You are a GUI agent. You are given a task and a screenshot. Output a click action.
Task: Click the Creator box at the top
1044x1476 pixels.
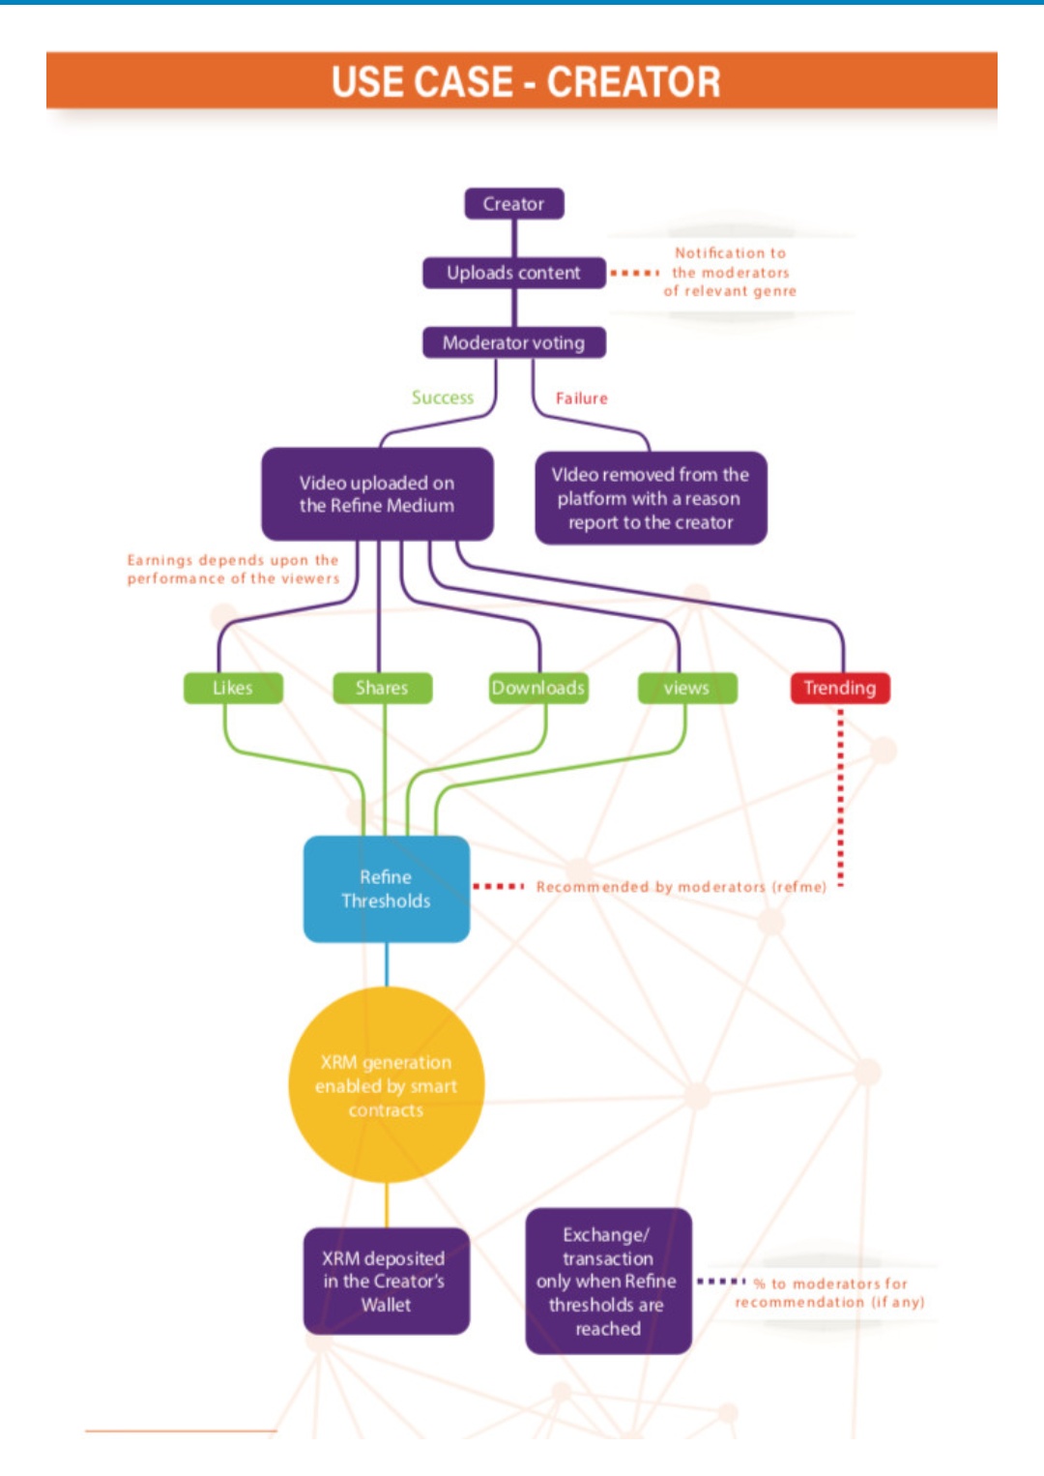tap(513, 204)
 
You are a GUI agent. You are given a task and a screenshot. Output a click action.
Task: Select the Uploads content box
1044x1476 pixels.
tap(513, 273)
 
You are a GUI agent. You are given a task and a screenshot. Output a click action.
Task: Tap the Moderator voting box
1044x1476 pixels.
tap(513, 342)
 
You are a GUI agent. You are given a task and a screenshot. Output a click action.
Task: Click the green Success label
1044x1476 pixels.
tap(443, 398)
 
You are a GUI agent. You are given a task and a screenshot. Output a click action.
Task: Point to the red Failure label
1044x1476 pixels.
tap(581, 399)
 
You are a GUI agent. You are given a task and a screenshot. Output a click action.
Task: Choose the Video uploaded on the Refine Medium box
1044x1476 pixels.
tap(377, 494)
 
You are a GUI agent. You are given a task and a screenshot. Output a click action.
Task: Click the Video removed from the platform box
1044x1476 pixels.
tap(651, 498)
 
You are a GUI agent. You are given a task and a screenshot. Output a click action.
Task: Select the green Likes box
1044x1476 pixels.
tap(233, 688)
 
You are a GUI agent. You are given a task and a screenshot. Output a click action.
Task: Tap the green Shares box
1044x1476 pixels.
tap(382, 688)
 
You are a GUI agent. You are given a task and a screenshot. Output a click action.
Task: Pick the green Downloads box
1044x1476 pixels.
tap(538, 688)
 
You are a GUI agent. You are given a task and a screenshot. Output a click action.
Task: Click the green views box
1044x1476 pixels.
tap(687, 688)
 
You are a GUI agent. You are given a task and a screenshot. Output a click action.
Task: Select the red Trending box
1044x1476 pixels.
tap(839, 688)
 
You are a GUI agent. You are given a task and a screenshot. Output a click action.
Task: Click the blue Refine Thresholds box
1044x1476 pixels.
tap(386, 889)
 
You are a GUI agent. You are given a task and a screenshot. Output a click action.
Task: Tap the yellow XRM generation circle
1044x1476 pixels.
tap(386, 1085)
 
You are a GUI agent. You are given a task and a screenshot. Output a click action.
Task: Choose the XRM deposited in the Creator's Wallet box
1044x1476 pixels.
tap(386, 1282)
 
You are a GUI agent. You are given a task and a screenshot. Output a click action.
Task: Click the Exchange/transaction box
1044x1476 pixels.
tap(608, 1282)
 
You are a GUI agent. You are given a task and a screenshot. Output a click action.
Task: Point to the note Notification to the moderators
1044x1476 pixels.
tap(731, 272)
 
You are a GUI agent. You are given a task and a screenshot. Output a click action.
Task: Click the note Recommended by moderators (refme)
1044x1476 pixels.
tap(681, 887)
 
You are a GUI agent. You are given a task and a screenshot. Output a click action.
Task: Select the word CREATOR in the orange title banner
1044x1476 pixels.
tap(633, 82)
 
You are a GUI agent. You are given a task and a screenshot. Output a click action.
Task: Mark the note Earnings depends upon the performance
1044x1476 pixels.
tap(233, 569)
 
